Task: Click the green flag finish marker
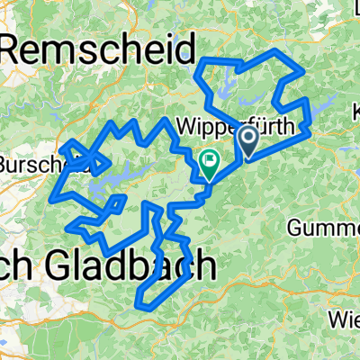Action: point(210,163)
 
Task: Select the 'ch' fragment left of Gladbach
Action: point(16,266)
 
